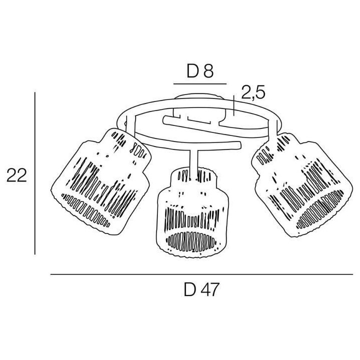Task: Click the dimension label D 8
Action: [200, 71]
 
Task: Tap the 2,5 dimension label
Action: [253, 92]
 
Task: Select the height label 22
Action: [16, 175]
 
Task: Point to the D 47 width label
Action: [201, 289]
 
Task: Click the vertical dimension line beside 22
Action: [35, 173]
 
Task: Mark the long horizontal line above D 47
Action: [201, 274]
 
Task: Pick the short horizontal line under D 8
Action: [200, 84]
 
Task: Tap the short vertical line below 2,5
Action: [233, 105]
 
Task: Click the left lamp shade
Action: [100, 181]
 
